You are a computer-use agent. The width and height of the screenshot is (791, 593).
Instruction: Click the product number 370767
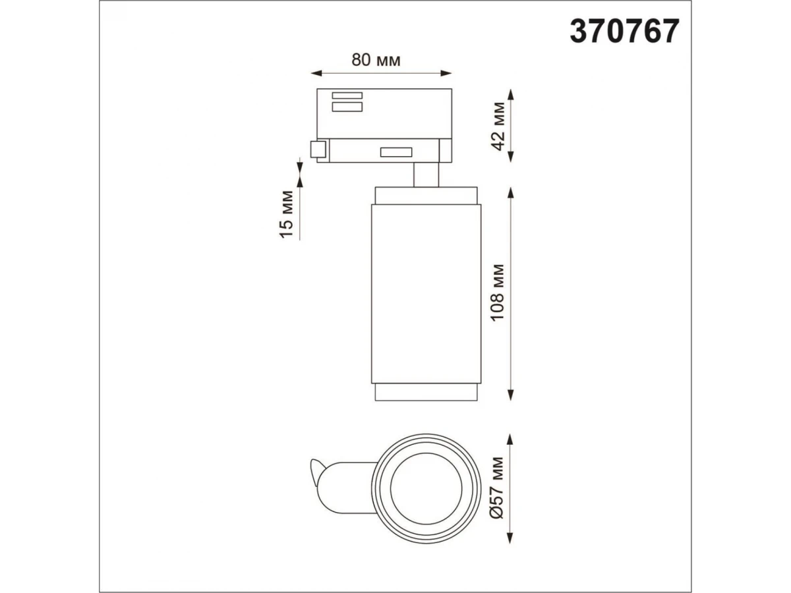[624, 32]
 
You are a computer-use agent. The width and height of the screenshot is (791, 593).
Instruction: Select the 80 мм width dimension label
[376, 60]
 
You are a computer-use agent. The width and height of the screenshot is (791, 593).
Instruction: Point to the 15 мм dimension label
[287, 214]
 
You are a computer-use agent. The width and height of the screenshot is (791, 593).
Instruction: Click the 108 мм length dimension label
[498, 293]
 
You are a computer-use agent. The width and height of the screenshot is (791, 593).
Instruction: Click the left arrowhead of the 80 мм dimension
[316, 73]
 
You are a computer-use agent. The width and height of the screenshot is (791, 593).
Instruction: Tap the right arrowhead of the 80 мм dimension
[446, 73]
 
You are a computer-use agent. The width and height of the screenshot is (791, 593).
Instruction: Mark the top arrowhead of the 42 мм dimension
[511, 95]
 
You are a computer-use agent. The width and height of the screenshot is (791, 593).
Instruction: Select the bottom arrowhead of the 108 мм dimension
[511, 395]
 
